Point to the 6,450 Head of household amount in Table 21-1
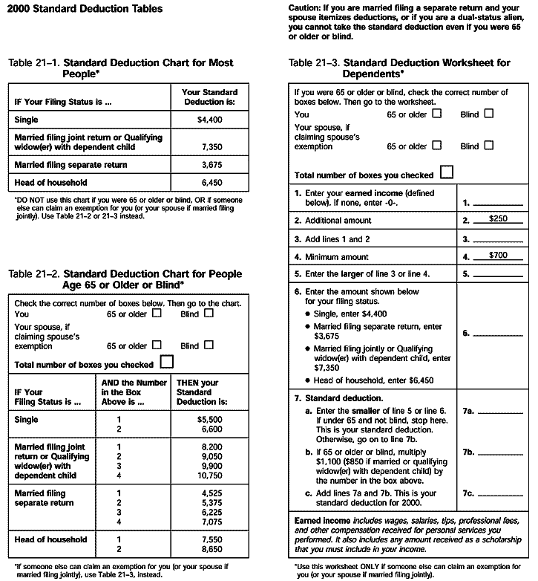tap(212, 182)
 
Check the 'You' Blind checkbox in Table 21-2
tap(209, 314)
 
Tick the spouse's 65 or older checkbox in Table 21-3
tap(436, 146)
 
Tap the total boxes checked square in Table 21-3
tap(447, 173)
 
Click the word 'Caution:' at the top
tap(306, 6)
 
